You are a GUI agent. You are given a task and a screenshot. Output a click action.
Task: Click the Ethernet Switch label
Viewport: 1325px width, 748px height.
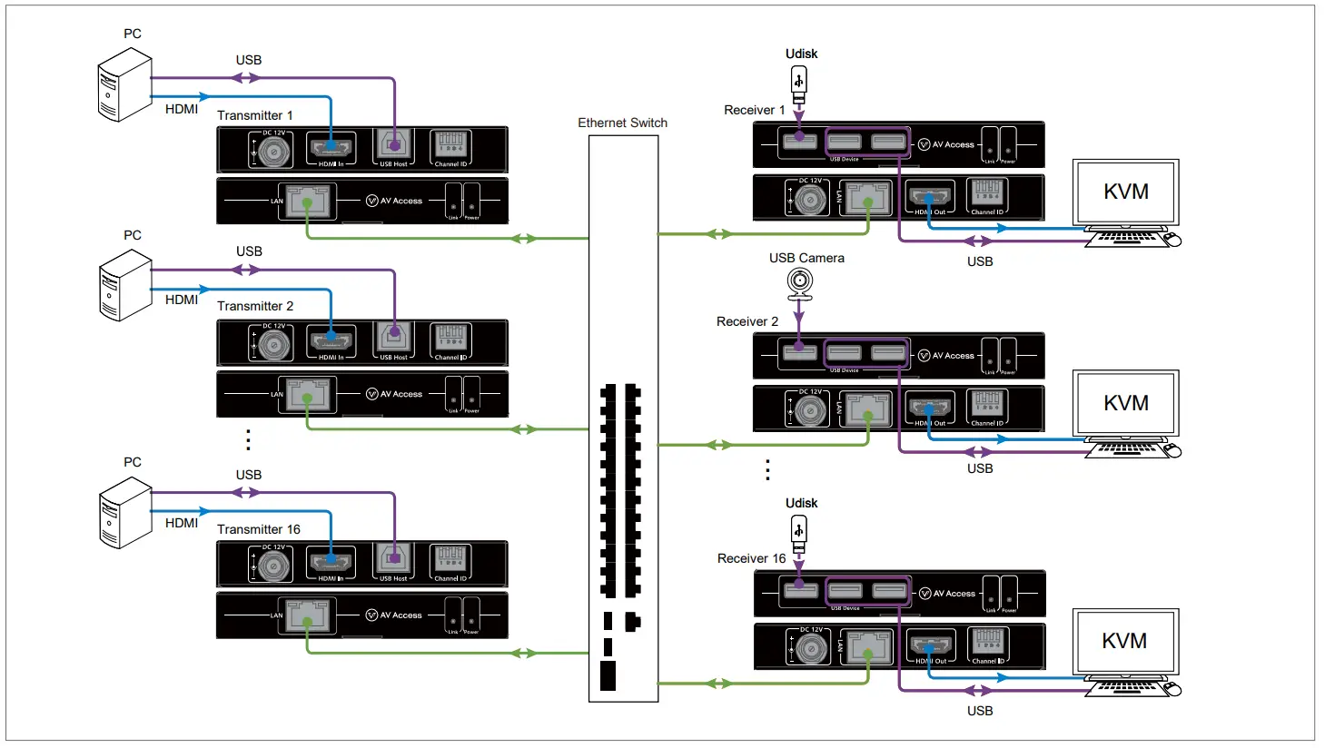622,123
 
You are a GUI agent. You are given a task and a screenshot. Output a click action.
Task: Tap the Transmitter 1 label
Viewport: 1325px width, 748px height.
254,115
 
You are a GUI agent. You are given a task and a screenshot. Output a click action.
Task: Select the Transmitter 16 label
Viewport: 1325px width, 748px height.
258,529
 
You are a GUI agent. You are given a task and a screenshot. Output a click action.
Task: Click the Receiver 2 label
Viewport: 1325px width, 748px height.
747,321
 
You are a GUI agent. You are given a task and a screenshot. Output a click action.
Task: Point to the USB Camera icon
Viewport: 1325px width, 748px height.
799,284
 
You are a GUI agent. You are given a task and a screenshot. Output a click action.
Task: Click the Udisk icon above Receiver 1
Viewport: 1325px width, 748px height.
799,84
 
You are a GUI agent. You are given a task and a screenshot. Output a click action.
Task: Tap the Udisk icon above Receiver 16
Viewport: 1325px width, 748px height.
799,532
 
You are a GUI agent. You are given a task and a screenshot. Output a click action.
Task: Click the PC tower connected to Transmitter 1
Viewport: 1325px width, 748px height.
124,85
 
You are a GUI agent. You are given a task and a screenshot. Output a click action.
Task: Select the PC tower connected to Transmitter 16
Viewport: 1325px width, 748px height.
124,513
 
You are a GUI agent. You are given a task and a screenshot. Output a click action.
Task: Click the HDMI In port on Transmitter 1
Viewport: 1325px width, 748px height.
331,147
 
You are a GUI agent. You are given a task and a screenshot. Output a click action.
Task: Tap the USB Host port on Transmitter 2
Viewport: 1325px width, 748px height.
394,340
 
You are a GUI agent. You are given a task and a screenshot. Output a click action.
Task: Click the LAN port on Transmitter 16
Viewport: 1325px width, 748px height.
307,615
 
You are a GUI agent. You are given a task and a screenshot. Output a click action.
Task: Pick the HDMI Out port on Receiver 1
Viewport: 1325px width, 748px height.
929,197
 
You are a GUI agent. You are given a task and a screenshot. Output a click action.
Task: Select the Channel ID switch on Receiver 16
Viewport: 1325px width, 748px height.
987,644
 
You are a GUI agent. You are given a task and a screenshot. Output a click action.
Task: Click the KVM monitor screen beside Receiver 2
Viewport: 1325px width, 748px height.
1125,403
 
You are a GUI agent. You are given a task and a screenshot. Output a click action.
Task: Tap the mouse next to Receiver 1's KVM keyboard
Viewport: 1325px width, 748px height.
1172,240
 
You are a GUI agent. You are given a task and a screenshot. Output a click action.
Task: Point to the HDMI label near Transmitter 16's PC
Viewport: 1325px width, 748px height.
182,523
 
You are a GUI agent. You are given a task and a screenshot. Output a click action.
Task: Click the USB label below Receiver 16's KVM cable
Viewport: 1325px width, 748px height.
979,711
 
